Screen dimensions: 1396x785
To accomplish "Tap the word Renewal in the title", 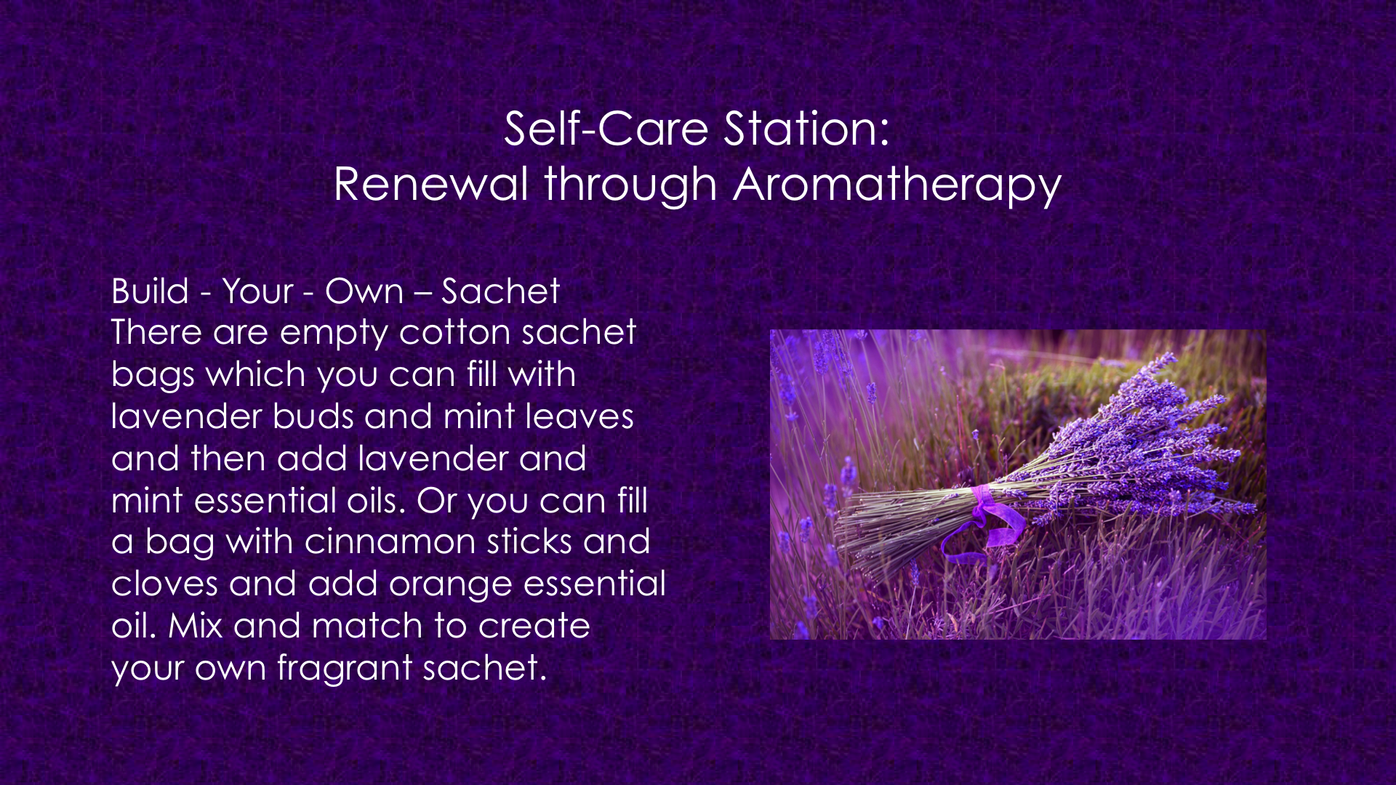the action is [430, 183].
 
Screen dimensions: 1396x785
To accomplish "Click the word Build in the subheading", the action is [150, 291].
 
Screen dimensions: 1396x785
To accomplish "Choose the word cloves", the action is [164, 584].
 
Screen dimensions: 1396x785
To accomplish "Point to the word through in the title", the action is [631, 185].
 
